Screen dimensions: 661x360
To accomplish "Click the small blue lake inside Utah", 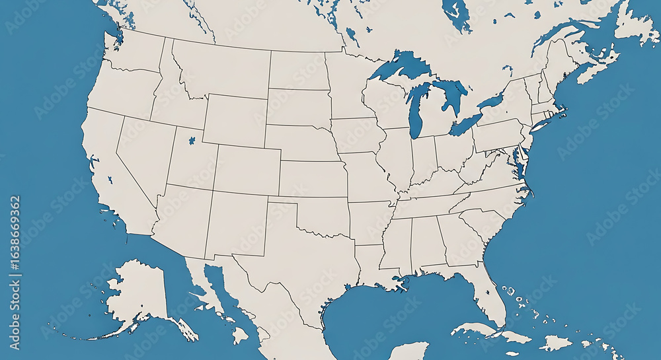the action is (192, 141).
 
